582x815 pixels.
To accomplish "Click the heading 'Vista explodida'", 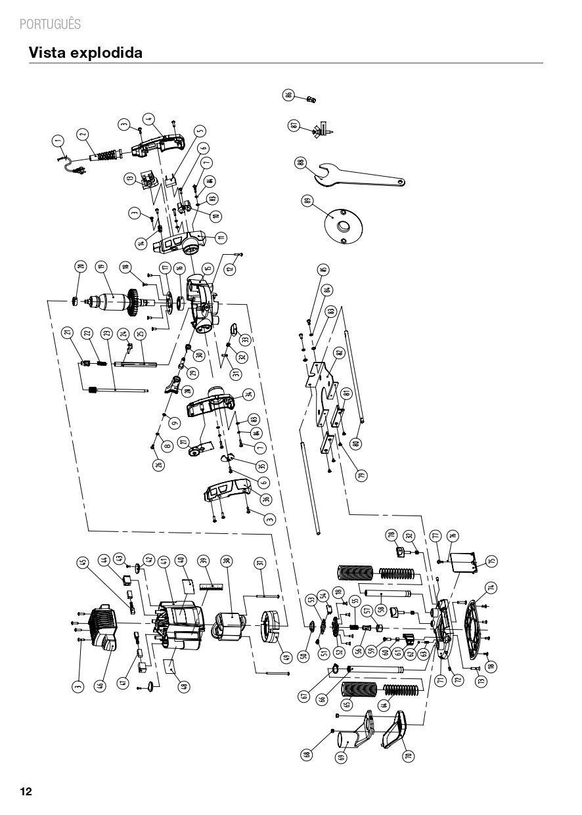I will click(85, 53).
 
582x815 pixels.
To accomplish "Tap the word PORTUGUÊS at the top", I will click(51, 24).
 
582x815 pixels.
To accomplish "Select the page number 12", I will click(26, 791).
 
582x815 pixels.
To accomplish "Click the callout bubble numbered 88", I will click(300, 164).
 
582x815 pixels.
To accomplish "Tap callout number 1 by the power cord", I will click(58, 140).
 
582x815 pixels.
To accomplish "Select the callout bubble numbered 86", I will click(288, 95).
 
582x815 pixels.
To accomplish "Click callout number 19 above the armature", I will click(101, 267).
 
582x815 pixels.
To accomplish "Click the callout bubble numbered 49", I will click(285, 656).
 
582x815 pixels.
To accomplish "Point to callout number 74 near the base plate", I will click(490, 587).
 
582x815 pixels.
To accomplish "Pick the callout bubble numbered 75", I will click(491, 562).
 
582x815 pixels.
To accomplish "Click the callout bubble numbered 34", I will click(248, 394).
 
